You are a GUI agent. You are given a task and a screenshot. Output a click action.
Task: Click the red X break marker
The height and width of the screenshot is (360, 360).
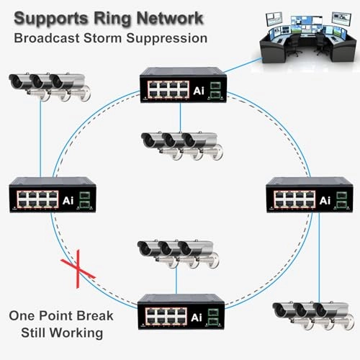[x=78, y=269]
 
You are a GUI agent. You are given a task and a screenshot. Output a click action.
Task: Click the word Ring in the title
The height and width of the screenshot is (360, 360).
[x=112, y=19]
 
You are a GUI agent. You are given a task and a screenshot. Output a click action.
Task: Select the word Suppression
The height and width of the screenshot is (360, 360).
[x=167, y=39]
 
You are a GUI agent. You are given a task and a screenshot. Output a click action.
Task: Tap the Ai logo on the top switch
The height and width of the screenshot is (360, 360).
[x=199, y=91]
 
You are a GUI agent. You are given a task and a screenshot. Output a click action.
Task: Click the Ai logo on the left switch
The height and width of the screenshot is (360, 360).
[x=68, y=201]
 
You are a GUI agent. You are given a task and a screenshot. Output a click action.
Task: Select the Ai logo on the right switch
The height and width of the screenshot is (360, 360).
[x=325, y=201]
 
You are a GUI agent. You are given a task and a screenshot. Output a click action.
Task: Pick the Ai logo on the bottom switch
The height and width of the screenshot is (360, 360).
[x=197, y=318]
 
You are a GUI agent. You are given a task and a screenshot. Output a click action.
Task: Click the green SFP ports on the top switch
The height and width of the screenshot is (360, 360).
[x=215, y=90]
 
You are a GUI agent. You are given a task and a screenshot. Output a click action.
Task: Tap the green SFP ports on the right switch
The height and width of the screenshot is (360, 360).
[x=342, y=200]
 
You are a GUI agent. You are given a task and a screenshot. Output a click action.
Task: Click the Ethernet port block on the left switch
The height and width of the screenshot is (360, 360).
[x=37, y=199]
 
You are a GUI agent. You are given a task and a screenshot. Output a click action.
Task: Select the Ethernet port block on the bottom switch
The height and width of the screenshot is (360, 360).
[x=166, y=316]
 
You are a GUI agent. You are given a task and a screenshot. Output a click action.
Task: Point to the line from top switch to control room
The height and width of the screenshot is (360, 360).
[x=243, y=65]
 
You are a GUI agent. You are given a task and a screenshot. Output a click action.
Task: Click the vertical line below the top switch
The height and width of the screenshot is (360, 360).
[x=180, y=117]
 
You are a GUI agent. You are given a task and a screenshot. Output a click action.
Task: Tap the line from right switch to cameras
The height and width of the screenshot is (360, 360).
[x=319, y=258]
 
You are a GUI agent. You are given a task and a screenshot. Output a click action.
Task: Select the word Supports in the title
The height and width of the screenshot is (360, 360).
[x=51, y=19]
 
